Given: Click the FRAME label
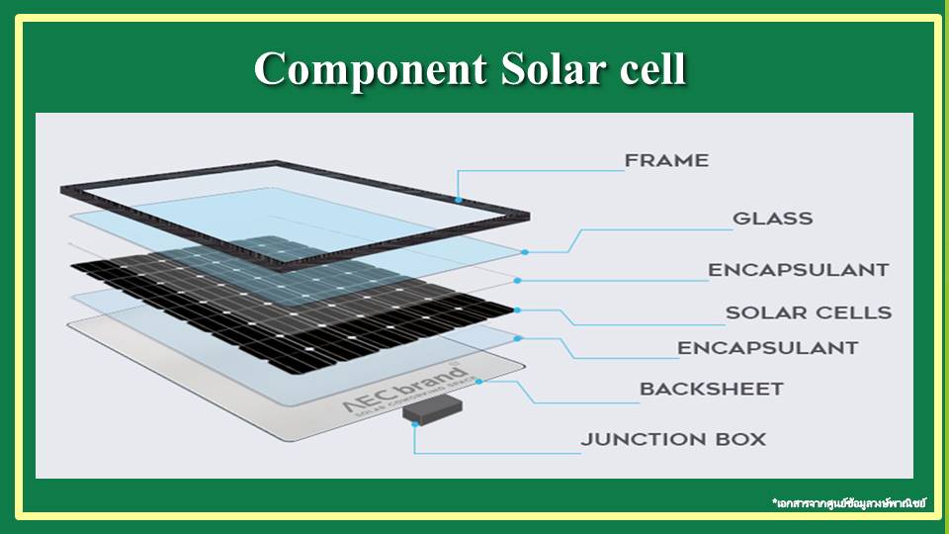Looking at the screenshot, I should click(666, 160).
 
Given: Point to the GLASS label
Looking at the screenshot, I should click(772, 219).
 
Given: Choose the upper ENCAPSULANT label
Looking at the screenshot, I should click(798, 270).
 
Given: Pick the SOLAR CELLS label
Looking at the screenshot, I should click(808, 312).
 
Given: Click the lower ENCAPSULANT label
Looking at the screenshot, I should click(767, 348).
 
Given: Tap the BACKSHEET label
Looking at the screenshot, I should click(711, 389).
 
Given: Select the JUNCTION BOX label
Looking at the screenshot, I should click(673, 439).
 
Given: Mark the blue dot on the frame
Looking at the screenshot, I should click(458, 200).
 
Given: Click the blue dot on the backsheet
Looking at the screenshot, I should click(478, 381).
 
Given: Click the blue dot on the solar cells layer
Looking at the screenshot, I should click(517, 310).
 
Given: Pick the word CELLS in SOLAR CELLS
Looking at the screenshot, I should click(851, 312).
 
